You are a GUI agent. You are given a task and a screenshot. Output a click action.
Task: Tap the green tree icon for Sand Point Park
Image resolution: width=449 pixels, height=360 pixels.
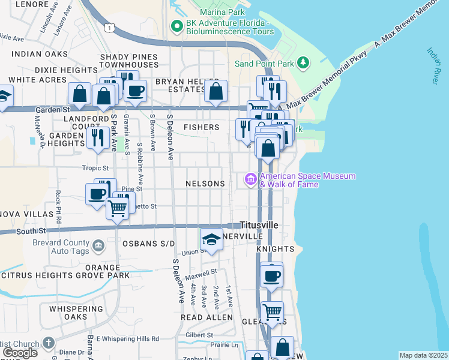304,63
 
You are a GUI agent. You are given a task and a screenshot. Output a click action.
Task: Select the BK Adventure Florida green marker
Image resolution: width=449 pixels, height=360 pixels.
176,26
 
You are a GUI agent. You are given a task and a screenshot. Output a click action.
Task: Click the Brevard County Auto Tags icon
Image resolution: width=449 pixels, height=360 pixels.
98,245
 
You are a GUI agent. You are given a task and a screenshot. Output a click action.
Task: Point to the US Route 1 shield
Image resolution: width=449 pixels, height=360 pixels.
109,28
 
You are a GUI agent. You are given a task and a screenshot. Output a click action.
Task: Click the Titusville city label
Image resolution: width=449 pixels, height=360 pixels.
259,224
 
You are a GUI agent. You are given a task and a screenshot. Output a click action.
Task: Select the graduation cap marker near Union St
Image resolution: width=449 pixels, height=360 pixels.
211,239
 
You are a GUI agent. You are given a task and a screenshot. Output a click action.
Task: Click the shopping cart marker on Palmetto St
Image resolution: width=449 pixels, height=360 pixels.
118,208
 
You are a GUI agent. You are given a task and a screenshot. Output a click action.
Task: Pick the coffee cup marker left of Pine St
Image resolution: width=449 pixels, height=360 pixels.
97,194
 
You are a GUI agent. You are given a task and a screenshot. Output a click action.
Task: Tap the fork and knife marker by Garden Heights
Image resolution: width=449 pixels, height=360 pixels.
98,137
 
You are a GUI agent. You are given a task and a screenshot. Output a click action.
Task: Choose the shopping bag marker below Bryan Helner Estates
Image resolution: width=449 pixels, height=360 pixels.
215,92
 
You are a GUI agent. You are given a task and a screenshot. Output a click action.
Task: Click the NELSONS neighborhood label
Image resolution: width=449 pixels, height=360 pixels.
205,184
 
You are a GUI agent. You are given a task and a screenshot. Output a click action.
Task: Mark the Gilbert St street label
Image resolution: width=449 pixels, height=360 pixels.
200,335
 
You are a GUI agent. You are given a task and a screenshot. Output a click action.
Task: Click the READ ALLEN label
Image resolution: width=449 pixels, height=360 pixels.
206,317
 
